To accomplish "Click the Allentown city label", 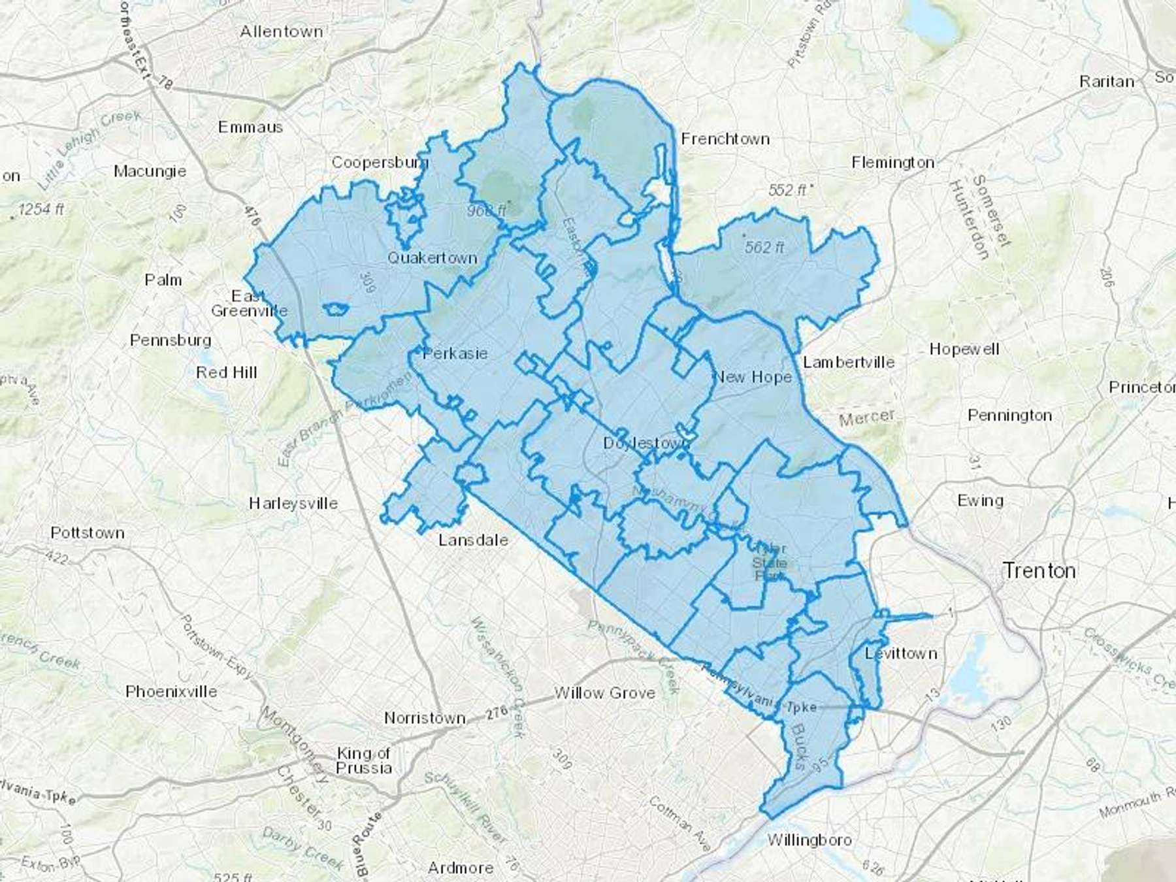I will pos(281,31).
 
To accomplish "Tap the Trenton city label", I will pos(1039,570).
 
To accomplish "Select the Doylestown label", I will pos(645,443).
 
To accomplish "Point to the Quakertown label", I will pos(433,258).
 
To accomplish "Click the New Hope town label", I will pos(753,377).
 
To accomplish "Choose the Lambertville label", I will pos(849,362).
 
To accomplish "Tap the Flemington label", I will pos(892,162).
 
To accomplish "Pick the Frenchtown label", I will pos(725,139).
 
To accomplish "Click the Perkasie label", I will pos(455,353).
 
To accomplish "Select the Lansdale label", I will pos(473,540).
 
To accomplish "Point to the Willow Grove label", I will pos(604,693).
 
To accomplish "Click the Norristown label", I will pos(425,718).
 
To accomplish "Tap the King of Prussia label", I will pos(364,760).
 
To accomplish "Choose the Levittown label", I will pos(901,653).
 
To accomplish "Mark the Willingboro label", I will pos(809,840).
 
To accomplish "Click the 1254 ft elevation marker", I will pos(41,210).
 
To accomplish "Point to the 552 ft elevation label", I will pos(789,190).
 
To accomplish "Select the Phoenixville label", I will pos(171,691).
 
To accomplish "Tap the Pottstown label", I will pos(88,532).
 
